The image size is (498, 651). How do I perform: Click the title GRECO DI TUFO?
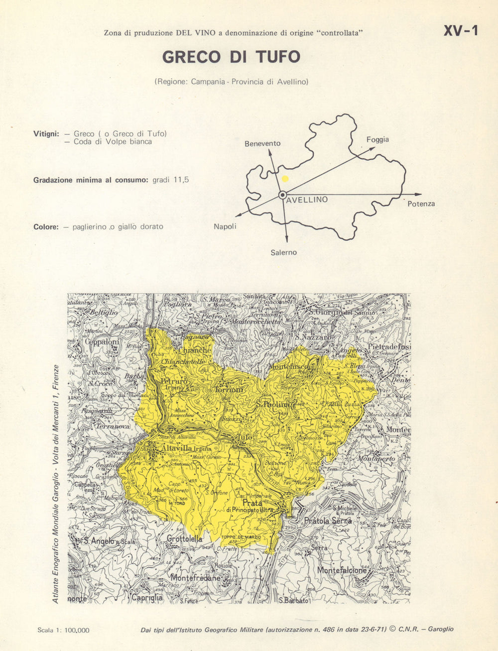[x=232, y=57]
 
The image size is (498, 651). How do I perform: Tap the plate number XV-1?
[x=461, y=31]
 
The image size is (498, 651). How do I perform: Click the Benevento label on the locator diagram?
[x=262, y=143]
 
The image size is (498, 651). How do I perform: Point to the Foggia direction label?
[x=377, y=139]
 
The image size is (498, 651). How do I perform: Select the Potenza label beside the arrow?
[x=421, y=204]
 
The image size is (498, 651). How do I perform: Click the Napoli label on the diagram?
[x=225, y=226]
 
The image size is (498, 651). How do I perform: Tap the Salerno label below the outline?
[x=283, y=252]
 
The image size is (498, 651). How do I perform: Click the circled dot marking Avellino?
[x=282, y=195]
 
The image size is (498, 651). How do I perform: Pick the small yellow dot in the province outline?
[x=285, y=178]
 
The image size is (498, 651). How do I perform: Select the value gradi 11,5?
[x=171, y=180]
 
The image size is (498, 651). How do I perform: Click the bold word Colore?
[x=46, y=226]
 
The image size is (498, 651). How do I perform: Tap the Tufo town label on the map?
[x=245, y=437]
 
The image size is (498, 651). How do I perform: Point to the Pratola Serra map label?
[x=328, y=521]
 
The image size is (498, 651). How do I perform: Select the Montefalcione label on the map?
[x=342, y=570]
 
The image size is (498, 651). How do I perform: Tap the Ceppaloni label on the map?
[x=102, y=342]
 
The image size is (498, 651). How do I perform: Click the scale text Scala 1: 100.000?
[x=63, y=630]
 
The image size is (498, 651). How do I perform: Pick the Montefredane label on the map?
[x=195, y=578]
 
